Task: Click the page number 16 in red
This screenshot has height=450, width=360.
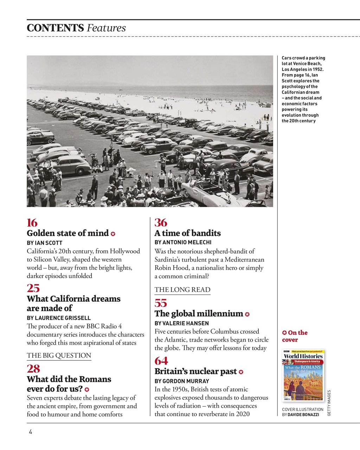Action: (32, 223)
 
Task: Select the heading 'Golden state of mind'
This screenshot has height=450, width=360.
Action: (67, 233)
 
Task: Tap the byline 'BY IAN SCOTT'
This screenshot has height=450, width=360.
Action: (45, 243)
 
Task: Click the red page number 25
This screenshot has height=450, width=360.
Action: (33, 288)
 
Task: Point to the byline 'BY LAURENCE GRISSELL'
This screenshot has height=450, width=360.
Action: (59, 318)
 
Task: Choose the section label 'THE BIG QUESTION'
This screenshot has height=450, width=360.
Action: (59, 355)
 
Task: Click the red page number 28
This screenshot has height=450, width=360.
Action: (33, 369)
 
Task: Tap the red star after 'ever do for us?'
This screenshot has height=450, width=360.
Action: (87, 390)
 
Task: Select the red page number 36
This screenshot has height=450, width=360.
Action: (161, 223)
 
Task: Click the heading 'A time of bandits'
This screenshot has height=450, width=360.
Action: (187, 233)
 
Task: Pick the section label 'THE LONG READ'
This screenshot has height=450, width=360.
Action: (182, 290)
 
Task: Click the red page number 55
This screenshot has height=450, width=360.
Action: (161, 303)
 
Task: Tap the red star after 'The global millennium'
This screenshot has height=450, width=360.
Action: (247, 314)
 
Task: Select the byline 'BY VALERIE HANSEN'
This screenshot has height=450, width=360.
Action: (181, 323)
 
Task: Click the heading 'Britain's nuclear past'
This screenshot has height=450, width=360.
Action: (195, 372)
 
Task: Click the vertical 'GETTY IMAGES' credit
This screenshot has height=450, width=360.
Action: (329, 403)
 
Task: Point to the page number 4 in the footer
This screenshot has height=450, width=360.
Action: (31, 432)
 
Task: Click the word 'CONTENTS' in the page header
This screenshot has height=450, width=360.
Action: (55, 28)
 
